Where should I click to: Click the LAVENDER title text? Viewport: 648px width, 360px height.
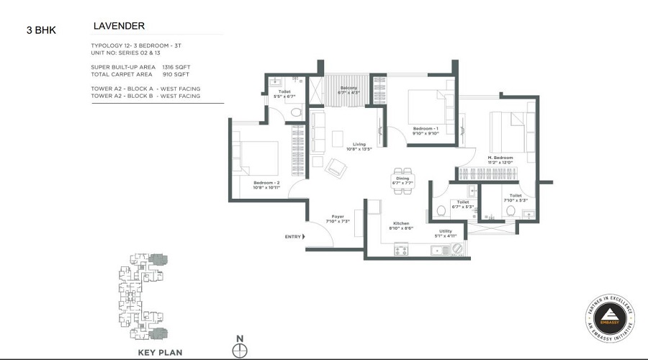[x=119, y=26]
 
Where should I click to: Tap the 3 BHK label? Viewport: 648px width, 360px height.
[x=40, y=30]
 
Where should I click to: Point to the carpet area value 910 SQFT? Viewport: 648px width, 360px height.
[x=176, y=75]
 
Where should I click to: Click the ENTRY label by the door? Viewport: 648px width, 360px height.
[x=293, y=236]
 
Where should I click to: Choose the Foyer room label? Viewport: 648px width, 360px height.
[x=337, y=216]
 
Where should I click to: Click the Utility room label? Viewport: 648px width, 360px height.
[x=446, y=231]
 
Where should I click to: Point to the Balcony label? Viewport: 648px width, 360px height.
[x=349, y=88]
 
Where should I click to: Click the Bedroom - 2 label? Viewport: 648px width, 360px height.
[x=266, y=183]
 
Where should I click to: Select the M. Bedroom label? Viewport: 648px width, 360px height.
[x=500, y=158]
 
